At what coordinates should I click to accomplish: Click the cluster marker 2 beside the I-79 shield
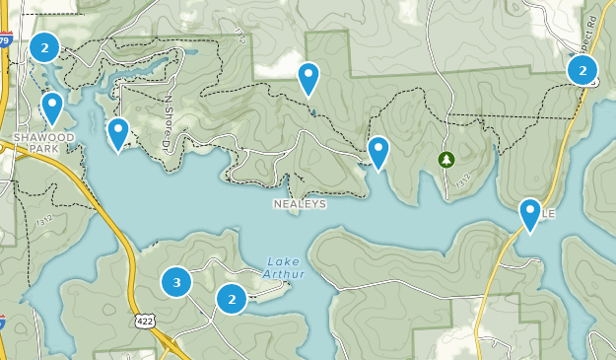point(44,46)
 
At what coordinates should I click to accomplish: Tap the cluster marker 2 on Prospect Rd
point(582,70)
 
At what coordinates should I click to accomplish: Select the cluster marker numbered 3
point(176,283)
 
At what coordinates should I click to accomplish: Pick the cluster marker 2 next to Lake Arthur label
point(232,298)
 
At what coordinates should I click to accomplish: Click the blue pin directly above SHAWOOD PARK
point(52,107)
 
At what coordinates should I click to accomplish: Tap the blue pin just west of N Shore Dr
point(118,133)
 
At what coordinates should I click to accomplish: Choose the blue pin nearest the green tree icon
point(377,152)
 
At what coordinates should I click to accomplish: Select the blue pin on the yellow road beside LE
point(530,215)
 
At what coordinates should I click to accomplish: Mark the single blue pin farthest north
point(308,78)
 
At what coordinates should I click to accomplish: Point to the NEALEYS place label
point(299,204)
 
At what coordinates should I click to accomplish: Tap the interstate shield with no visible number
point(3,322)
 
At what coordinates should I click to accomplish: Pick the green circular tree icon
point(445,158)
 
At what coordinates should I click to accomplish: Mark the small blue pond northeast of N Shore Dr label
point(187,53)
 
